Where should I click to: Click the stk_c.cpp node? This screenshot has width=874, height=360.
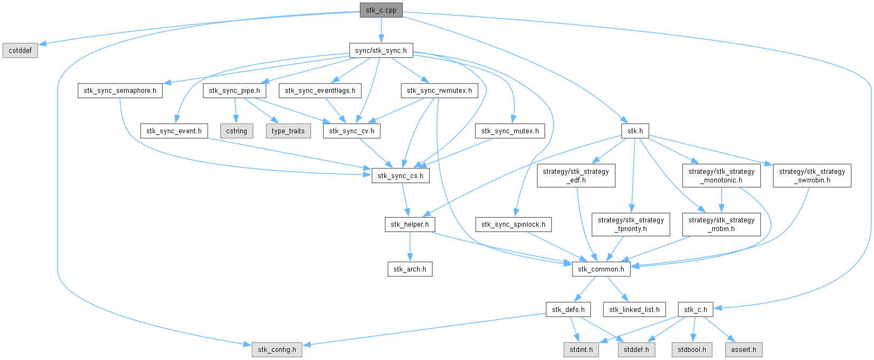381,10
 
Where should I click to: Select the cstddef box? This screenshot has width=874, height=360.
20,51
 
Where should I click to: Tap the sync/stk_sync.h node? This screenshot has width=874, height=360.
381,51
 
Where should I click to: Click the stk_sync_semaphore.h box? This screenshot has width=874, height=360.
120,90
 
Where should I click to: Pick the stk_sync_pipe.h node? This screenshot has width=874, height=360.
235,90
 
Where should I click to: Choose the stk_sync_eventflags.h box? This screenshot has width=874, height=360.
320,90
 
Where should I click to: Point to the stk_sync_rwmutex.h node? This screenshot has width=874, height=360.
439,90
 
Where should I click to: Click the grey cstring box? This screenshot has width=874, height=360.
237,131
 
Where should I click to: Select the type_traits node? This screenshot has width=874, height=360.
288,131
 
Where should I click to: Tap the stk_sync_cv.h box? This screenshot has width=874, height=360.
352,131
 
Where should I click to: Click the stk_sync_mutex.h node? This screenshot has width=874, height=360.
510,131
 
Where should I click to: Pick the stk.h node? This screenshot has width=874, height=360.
634,131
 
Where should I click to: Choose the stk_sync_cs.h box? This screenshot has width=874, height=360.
400,175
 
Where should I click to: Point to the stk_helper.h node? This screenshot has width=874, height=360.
410,224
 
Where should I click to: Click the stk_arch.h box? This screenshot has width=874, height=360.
409,269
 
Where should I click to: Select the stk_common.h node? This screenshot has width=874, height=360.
601,269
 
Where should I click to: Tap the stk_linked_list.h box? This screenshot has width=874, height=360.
634,309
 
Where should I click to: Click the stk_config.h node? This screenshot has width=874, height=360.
277,349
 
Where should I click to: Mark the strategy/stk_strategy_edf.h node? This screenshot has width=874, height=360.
576,175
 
